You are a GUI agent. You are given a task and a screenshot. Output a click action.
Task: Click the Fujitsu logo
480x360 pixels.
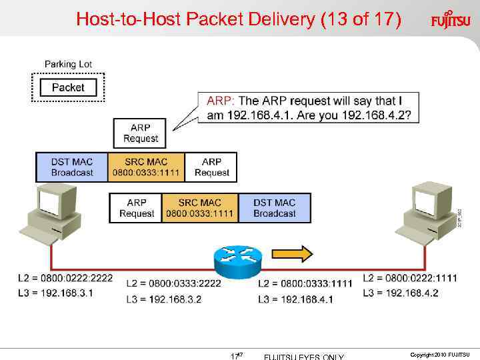coord(451,19)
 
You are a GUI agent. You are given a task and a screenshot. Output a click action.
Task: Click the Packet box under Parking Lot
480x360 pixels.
coord(68,87)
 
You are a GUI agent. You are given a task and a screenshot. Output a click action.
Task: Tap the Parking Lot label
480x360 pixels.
coord(68,65)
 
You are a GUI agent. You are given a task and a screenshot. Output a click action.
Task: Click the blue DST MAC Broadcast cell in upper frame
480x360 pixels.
coord(72,167)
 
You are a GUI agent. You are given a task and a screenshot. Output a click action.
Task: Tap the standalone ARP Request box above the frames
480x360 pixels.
coord(140,133)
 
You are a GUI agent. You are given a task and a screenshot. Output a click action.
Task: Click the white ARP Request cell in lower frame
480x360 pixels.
coord(136,208)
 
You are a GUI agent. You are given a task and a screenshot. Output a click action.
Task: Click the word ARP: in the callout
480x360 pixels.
coord(221,101)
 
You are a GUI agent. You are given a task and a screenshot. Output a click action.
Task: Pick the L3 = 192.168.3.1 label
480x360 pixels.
coord(55,293)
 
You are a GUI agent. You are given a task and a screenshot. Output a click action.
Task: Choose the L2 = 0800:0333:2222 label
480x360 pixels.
coord(173,283)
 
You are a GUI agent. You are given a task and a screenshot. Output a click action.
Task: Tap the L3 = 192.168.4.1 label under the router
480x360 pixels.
coord(295,299)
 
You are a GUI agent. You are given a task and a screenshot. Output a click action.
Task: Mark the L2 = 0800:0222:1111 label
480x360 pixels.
coord(410,278)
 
